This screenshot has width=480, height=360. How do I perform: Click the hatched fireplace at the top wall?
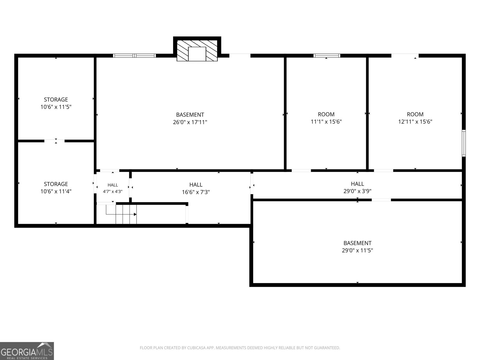[x=197, y=50]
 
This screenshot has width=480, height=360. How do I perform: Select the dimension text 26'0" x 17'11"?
[x=190, y=122]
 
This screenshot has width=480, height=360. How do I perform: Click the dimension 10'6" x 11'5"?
[x=56, y=107]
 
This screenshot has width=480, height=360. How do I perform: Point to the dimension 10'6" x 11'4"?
[x=56, y=191]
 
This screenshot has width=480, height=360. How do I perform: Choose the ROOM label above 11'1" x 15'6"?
[x=326, y=114]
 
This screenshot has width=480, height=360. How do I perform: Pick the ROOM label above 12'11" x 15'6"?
[x=415, y=114]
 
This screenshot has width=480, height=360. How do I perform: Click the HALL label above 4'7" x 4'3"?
[x=112, y=185]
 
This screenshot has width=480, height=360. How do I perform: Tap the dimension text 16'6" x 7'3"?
[x=196, y=192]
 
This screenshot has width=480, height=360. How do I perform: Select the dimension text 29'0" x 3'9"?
[x=357, y=191]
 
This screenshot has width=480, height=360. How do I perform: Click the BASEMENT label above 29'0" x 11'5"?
[x=357, y=243]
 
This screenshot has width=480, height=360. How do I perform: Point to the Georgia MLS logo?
[x=27, y=351]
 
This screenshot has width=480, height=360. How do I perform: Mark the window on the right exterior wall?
[x=463, y=143]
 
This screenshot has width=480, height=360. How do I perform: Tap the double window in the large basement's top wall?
[x=134, y=55]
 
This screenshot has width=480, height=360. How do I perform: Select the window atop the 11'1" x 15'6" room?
[x=327, y=55]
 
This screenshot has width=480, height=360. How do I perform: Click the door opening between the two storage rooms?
[x=55, y=141]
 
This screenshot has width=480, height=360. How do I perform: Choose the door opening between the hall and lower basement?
[x=381, y=200]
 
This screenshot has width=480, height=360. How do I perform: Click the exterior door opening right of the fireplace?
[x=240, y=55]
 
